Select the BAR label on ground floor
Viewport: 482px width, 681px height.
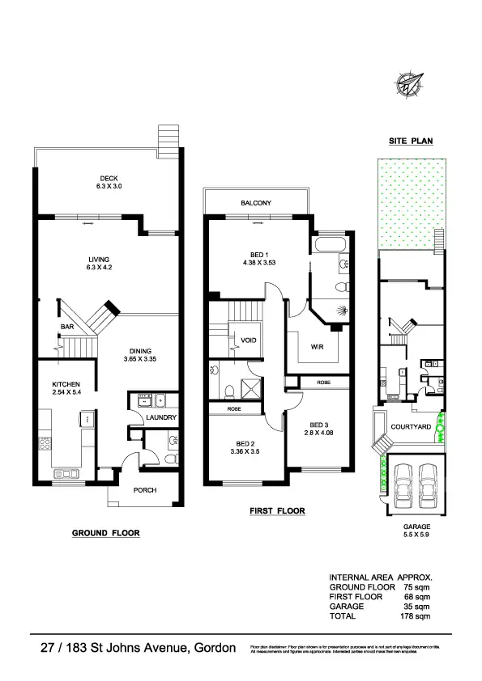pyautogui.click(x=67, y=327)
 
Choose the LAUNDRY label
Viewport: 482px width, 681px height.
pyautogui.click(x=160, y=418)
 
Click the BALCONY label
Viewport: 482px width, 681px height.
pyautogui.click(x=255, y=202)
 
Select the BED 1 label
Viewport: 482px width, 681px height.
pyautogui.click(x=260, y=257)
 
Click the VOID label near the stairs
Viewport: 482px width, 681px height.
pyautogui.click(x=249, y=340)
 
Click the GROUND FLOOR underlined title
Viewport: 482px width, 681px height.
pyautogui.click(x=106, y=533)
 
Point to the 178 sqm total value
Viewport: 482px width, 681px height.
pyautogui.click(x=417, y=615)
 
